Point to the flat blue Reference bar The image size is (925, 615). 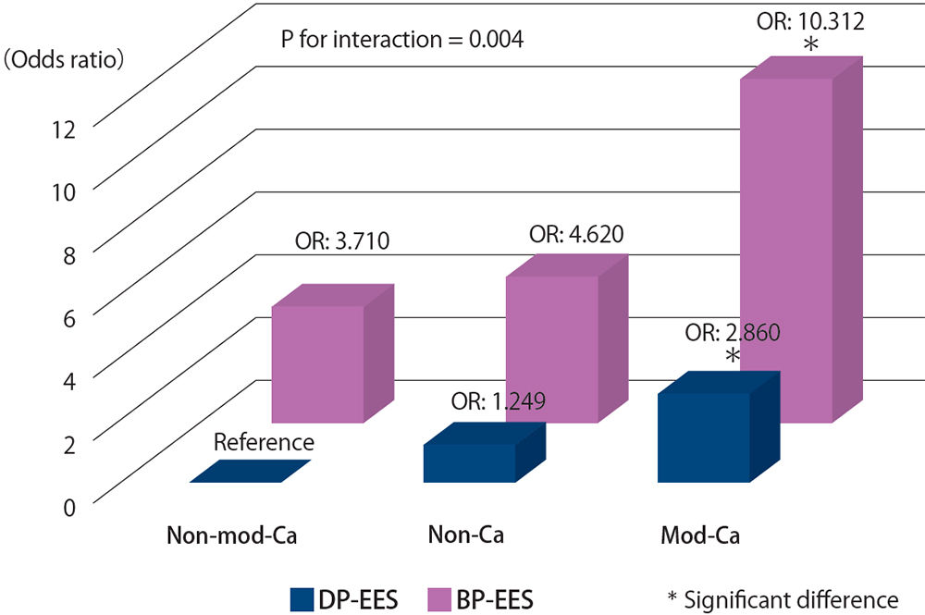(x=250, y=472)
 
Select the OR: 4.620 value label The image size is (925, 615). (x=575, y=234)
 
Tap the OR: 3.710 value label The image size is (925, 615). (x=341, y=244)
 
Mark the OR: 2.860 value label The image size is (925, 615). (x=733, y=332)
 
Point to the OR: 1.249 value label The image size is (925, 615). (x=498, y=401)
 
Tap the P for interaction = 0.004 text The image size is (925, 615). (x=402, y=40)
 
